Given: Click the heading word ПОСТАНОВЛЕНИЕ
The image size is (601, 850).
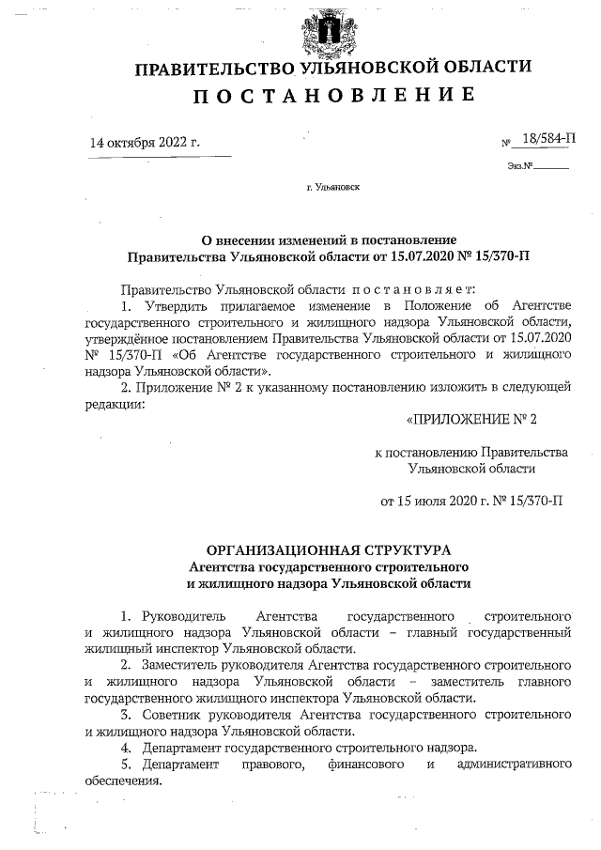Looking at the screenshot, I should point(333,96).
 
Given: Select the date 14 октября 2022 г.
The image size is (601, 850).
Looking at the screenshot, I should point(146,144).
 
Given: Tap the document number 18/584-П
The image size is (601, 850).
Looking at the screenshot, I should point(549,139).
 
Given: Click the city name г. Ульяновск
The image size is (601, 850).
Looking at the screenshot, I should point(332,187).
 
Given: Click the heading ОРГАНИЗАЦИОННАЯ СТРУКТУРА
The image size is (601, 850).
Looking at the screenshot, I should point(329,549).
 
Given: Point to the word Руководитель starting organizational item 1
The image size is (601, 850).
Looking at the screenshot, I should point(183,616).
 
